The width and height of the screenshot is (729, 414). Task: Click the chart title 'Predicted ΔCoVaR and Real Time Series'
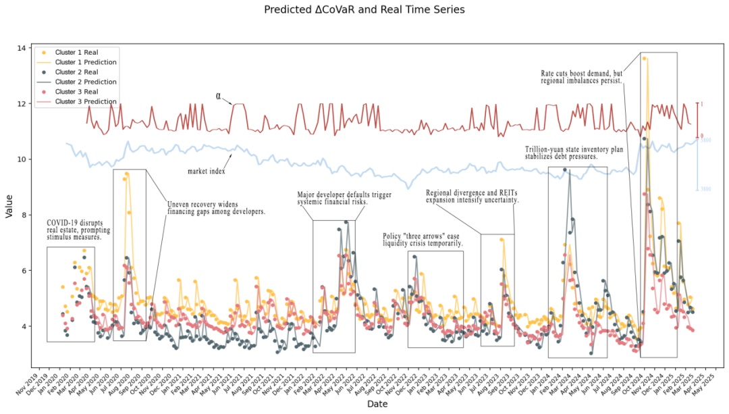(x=364, y=10)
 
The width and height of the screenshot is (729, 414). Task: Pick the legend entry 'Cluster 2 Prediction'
(x=86, y=82)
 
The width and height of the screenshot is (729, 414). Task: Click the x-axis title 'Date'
(x=377, y=404)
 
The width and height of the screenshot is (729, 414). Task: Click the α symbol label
(x=219, y=96)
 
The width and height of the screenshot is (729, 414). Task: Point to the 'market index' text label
(x=207, y=171)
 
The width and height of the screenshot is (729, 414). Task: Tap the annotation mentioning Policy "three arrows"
(x=423, y=240)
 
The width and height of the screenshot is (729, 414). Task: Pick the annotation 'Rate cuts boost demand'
(x=582, y=77)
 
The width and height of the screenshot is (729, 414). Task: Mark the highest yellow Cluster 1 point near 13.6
(x=645, y=59)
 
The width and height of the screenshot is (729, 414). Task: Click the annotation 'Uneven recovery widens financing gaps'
(x=216, y=207)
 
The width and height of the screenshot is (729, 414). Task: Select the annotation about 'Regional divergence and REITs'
(x=473, y=196)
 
